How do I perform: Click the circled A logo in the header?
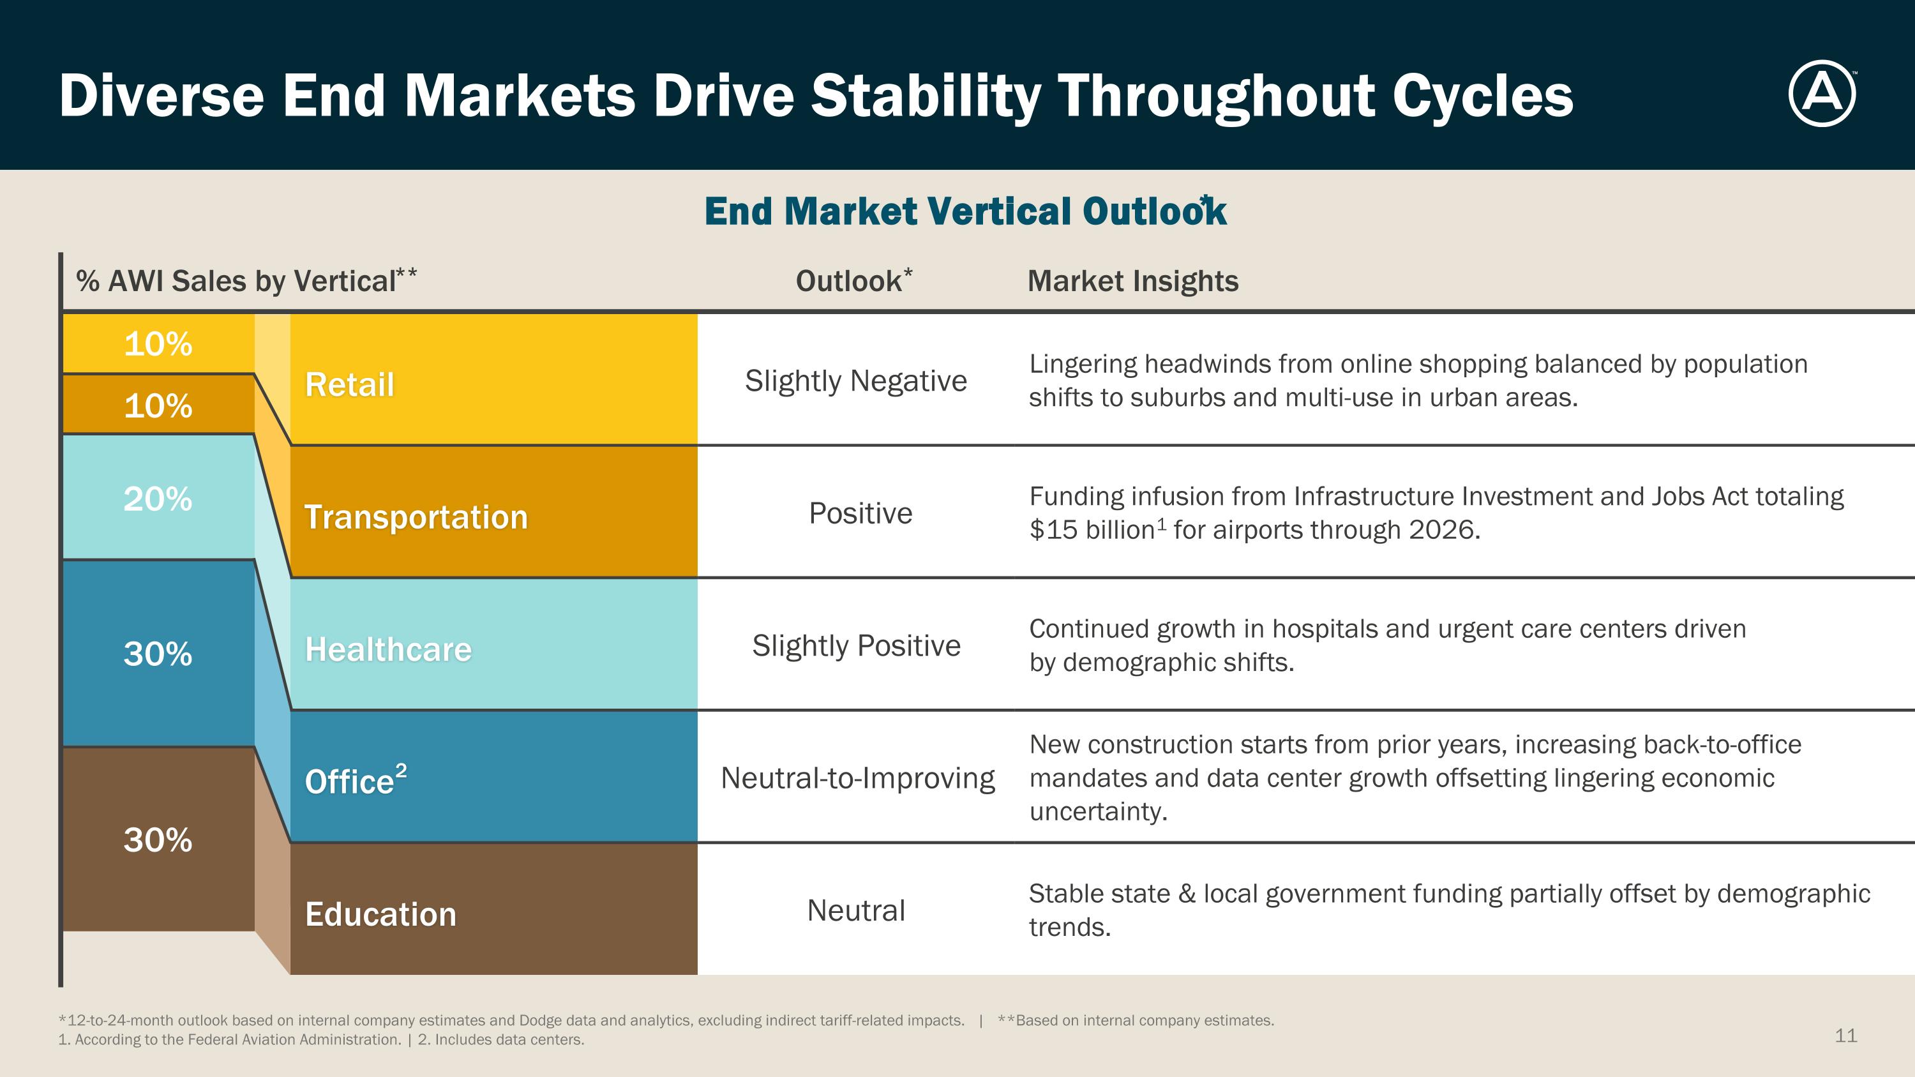[1821, 94]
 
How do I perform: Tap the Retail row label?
[349, 385]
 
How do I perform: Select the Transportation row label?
[416, 517]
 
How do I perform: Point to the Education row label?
[380, 914]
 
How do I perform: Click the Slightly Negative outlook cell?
[855, 380]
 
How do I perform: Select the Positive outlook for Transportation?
[860, 513]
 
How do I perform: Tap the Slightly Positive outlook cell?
[855, 645]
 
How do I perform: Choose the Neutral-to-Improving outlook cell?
[857, 778]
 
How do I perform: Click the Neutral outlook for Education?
[855, 910]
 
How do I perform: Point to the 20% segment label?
[158, 499]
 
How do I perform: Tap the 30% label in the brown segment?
[158, 840]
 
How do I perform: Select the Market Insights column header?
[1132, 281]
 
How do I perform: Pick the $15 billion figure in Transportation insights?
[1092, 530]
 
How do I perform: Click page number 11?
[1845, 1036]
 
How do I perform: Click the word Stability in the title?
[925, 96]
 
